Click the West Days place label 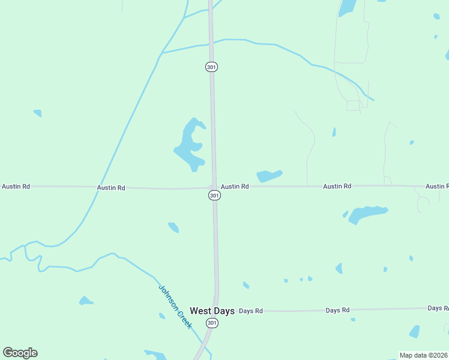(x=212, y=311)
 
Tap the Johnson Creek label (x=175, y=306)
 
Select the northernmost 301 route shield (x=211, y=67)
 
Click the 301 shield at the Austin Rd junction (x=214, y=196)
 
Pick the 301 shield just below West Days (x=211, y=323)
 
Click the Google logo (x=20, y=353)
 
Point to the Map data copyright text (x=423, y=355)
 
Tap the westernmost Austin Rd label (x=16, y=187)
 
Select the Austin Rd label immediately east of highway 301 (x=234, y=187)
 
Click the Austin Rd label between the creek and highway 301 (x=111, y=188)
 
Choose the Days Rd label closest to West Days (x=251, y=311)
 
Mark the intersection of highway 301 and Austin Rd (x=214, y=187)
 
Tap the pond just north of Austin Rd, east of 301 (x=269, y=176)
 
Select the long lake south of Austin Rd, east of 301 (x=366, y=213)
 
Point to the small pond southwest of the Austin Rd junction (x=173, y=227)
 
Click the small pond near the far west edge (x=38, y=113)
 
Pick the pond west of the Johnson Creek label (x=86, y=301)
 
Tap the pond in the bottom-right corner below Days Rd (x=414, y=332)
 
